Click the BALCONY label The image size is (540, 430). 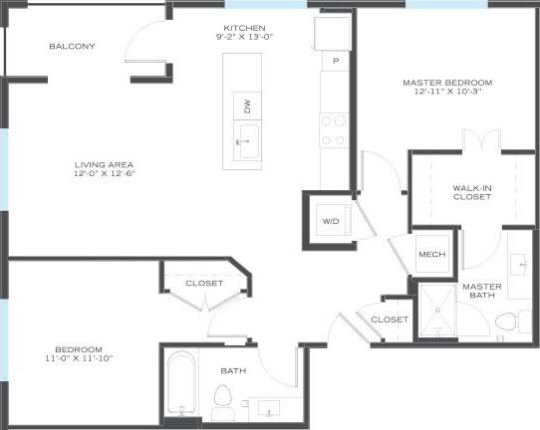point(73,47)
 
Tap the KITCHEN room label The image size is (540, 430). point(244,28)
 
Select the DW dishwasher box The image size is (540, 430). point(245,106)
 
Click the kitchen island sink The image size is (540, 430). point(245,139)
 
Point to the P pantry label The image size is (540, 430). point(336,61)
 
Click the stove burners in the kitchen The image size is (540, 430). point(333,130)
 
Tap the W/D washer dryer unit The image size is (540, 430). point(330,220)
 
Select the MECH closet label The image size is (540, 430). point(431,255)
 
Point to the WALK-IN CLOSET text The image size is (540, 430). point(472,191)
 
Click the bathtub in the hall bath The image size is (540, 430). point(180,387)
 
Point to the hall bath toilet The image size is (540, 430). point(223,401)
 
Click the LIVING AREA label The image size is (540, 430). point(104,164)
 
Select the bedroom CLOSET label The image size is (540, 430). point(204,284)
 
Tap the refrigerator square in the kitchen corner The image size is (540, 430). point(332,32)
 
